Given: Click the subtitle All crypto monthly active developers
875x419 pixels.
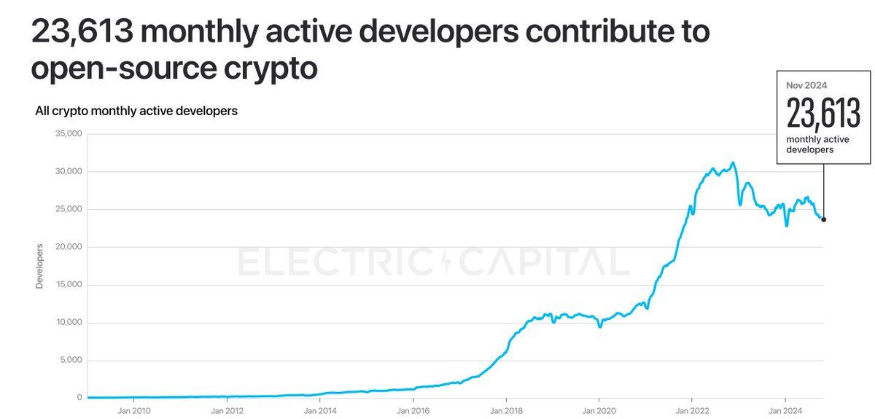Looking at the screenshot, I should pyautogui.click(x=136, y=111).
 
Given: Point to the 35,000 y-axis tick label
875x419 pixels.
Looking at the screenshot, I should pyautogui.click(x=69, y=134).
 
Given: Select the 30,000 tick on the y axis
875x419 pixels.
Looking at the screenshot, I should pyautogui.click(x=69, y=172).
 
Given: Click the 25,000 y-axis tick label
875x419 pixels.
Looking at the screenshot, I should pyautogui.click(x=69, y=210).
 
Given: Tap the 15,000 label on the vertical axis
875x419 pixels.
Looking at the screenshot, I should pyautogui.click(x=69, y=285).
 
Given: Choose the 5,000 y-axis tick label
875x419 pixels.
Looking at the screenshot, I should pyautogui.click(x=71, y=361).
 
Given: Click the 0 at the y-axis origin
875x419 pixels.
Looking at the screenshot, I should pyautogui.click(x=79, y=398).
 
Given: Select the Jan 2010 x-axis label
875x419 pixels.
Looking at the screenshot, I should pyautogui.click(x=134, y=410).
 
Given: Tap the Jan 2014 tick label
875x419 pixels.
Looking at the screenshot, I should pyautogui.click(x=320, y=410).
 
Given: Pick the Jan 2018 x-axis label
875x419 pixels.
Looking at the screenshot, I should pyautogui.click(x=506, y=410).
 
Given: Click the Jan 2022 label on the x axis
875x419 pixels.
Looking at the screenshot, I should pyautogui.click(x=692, y=410).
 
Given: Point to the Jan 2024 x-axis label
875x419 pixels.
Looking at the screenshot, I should pyautogui.click(x=785, y=410).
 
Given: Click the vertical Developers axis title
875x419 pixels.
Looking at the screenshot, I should pyautogui.click(x=40, y=266).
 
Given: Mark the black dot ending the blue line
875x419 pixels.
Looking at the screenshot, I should pyautogui.click(x=824, y=219).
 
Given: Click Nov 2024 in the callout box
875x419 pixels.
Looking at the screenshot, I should pyautogui.click(x=806, y=85).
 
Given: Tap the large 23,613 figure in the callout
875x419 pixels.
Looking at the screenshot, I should pyautogui.click(x=823, y=114).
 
